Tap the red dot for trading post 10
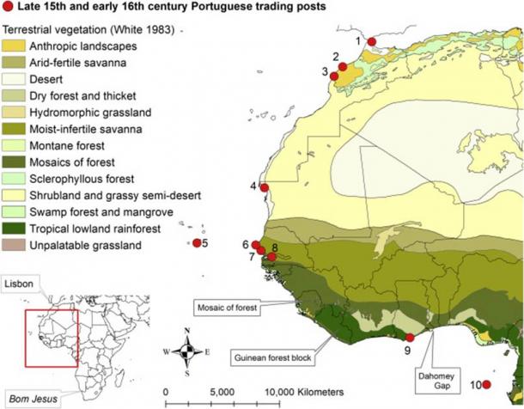point(485,385)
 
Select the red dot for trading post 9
point(409,337)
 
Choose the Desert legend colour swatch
point(14,78)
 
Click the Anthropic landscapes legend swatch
point(14,45)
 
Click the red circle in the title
point(9,8)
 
